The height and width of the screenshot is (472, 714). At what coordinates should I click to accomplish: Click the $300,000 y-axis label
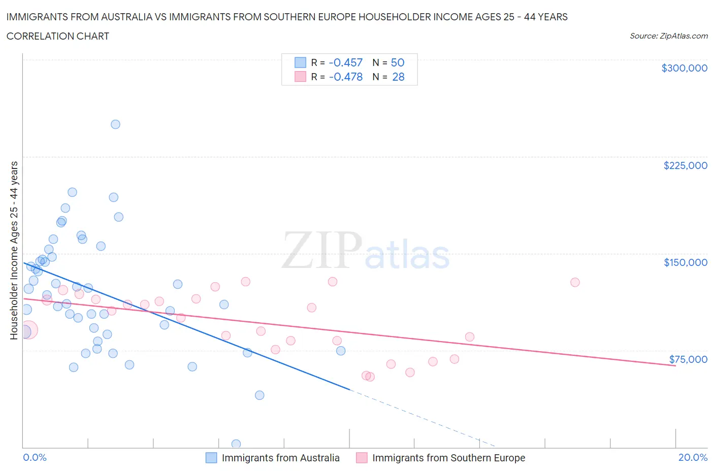tap(684, 68)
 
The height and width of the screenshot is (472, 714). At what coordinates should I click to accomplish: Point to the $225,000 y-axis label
tap(685, 165)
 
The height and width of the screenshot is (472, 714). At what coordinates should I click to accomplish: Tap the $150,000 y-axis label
tap(685, 262)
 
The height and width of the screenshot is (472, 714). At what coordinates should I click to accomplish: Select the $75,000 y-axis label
tap(688, 359)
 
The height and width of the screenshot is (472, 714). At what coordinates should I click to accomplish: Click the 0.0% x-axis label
tap(35, 457)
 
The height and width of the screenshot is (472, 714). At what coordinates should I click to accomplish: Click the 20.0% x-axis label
tap(693, 457)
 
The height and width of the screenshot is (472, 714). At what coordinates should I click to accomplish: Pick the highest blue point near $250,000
tap(115, 124)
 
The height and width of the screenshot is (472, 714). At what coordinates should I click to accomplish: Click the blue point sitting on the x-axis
tap(236, 444)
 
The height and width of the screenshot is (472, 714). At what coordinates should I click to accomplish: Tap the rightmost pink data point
tap(575, 282)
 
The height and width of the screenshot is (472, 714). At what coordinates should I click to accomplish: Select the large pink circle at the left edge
tap(28, 330)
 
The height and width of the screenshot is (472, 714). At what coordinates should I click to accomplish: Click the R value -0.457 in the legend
tap(345, 62)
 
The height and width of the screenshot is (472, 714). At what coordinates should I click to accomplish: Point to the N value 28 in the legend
tap(398, 77)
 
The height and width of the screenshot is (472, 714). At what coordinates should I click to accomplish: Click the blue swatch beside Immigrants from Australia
tap(211, 458)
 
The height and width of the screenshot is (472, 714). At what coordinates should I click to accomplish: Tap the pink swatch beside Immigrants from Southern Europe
tap(362, 458)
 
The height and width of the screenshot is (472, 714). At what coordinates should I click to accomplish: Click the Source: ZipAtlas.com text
tap(668, 36)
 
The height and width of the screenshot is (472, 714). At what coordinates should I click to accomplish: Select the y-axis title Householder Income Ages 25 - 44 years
tap(14, 250)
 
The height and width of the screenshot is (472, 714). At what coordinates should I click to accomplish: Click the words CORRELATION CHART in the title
tap(58, 36)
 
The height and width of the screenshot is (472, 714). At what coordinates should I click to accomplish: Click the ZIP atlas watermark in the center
tap(366, 251)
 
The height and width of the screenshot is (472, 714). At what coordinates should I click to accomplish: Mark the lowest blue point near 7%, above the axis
tap(259, 395)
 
